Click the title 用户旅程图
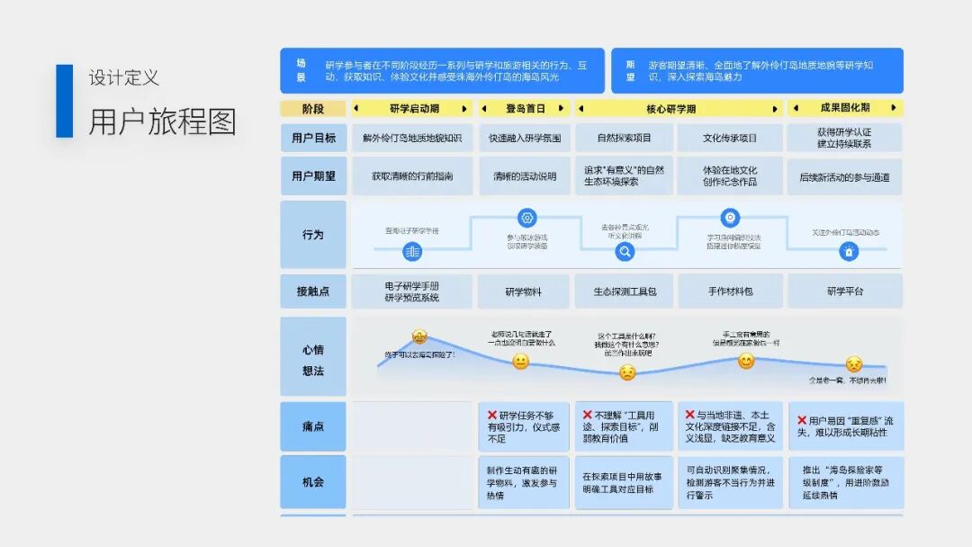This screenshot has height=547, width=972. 162,121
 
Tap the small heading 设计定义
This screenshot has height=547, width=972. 124,78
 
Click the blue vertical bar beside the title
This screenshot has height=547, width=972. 64,101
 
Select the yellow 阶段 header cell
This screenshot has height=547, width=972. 313,109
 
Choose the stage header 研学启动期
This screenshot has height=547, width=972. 413,109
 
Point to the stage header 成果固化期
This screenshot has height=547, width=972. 844,109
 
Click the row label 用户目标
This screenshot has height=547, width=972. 313,138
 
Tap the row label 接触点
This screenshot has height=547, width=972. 313,291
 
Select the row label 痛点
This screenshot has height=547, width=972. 313,426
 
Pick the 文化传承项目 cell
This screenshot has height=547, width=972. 730,138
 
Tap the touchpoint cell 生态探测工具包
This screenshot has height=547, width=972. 625,291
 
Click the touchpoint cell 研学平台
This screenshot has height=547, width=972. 844,291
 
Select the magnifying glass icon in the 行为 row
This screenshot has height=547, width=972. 625,252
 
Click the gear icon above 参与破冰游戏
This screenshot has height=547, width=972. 527,218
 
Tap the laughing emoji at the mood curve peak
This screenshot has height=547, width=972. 419,336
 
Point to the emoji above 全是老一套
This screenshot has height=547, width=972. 853,364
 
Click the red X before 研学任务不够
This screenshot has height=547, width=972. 492,416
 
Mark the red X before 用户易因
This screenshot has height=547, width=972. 801,420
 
